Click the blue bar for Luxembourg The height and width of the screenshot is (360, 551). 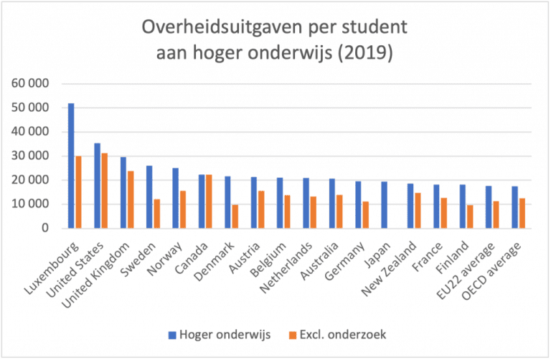71,166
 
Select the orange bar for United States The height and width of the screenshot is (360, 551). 103,191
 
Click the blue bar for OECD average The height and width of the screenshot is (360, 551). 514,207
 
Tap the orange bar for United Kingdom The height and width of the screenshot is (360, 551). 131,199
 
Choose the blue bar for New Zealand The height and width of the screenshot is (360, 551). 410,206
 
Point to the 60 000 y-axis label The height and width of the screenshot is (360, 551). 32,84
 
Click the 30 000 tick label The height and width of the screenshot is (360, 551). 32,156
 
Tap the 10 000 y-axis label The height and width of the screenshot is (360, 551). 32,204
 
